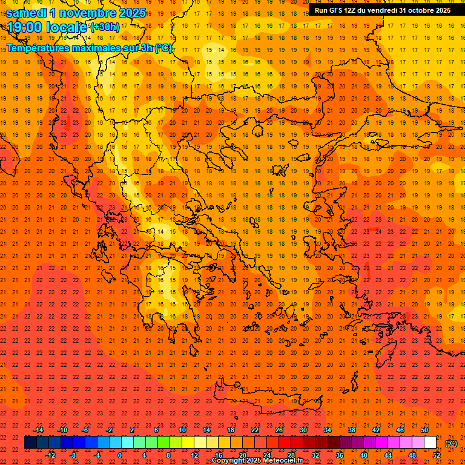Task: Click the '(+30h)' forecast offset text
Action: pos(105,27)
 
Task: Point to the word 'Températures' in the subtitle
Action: pos(38,48)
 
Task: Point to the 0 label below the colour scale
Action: pos(120,455)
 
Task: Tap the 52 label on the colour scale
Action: pos(437,455)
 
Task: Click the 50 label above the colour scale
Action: pos(424,430)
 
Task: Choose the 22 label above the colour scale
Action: pos(255,430)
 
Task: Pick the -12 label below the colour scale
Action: pos(50,455)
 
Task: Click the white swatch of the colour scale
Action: pos(430,443)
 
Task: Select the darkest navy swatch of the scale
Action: pos(30,443)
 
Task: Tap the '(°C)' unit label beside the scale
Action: pos(451,443)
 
